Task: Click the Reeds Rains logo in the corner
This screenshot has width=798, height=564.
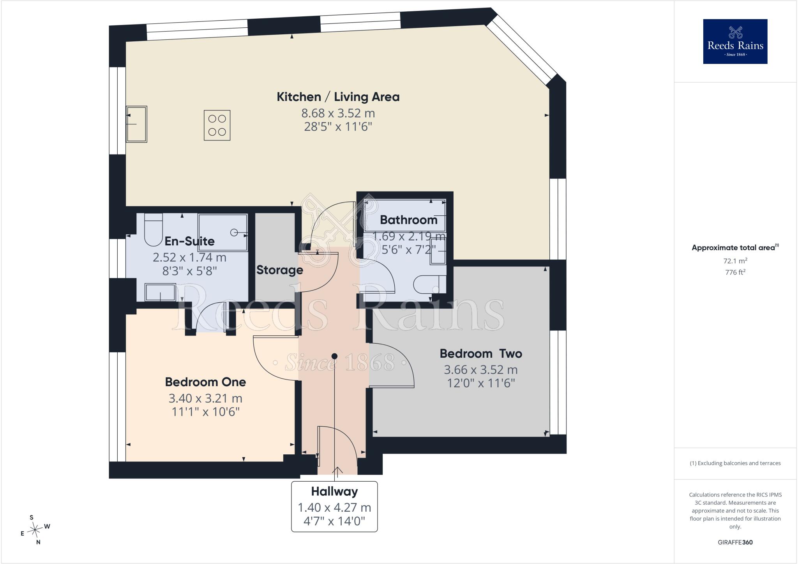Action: [735, 41]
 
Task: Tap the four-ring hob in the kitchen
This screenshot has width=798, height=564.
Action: [217, 125]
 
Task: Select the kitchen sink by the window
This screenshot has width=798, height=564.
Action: [136, 124]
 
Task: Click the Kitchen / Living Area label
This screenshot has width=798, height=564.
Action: [338, 97]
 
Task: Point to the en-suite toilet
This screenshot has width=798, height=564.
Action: [153, 230]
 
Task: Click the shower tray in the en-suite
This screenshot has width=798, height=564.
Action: [222, 232]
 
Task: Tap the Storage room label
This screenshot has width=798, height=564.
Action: [279, 270]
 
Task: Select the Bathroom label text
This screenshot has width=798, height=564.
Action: [408, 220]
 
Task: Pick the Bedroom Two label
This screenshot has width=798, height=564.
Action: [481, 353]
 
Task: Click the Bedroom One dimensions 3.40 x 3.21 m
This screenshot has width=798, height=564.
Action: [205, 398]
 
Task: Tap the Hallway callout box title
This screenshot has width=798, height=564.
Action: [334, 491]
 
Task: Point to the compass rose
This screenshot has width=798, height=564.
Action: [35, 529]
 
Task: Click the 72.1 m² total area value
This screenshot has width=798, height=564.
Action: [735, 261]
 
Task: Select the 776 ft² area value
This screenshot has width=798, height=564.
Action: [735, 272]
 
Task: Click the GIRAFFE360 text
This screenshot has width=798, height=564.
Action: [735, 542]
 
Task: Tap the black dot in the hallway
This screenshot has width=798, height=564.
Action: [334, 356]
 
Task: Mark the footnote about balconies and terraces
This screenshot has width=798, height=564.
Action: [735, 463]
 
